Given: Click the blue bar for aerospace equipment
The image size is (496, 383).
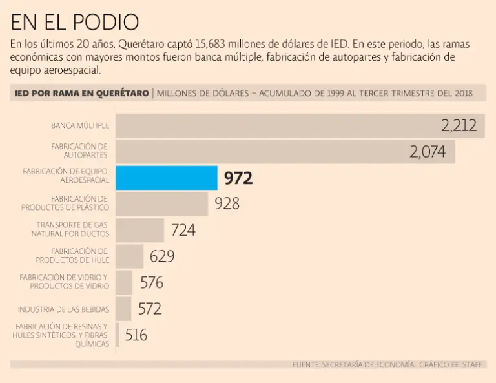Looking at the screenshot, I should pyautogui.click(x=166, y=178).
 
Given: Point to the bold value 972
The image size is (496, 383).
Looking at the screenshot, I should pyautogui.click(x=238, y=178).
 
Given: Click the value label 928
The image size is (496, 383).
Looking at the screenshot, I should pyautogui.click(x=227, y=203).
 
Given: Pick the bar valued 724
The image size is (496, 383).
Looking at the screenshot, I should pyautogui.click(x=139, y=230).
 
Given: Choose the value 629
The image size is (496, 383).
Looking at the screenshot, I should pyautogui.click(x=162, y=256).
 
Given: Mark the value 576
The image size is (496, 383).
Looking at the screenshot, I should pyautogui.click(x=152, y=282).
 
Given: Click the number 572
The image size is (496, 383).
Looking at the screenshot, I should pyautogui.click(x=149, y=309).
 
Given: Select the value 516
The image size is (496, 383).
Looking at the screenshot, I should pyautogui.click(x=136, y=335).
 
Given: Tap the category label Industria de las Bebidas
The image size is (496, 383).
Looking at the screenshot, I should pyautogui.click(x=63, y=309).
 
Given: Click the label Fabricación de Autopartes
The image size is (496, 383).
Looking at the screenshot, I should pyautogui.click(x=79, y=151).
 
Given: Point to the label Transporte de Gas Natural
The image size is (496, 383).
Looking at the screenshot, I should pyautogui.click(x=72, y=229).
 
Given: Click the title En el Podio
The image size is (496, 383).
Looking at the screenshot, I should pyautogui.click(x=74, y=22).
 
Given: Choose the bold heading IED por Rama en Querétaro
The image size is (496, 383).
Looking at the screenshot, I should pyautogui.click(x=81, y=93).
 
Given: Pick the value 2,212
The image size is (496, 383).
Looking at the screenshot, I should pyautogui.click(x=459, y=125).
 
